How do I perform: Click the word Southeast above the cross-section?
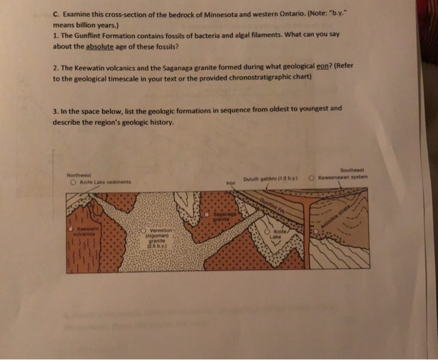[x=354, y=169]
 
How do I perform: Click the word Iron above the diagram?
[x=230, y=183]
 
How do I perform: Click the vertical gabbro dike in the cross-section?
[x=307, y=237]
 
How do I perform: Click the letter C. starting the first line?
[x=56, y=14]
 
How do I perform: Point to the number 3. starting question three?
[x=56, y=108]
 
